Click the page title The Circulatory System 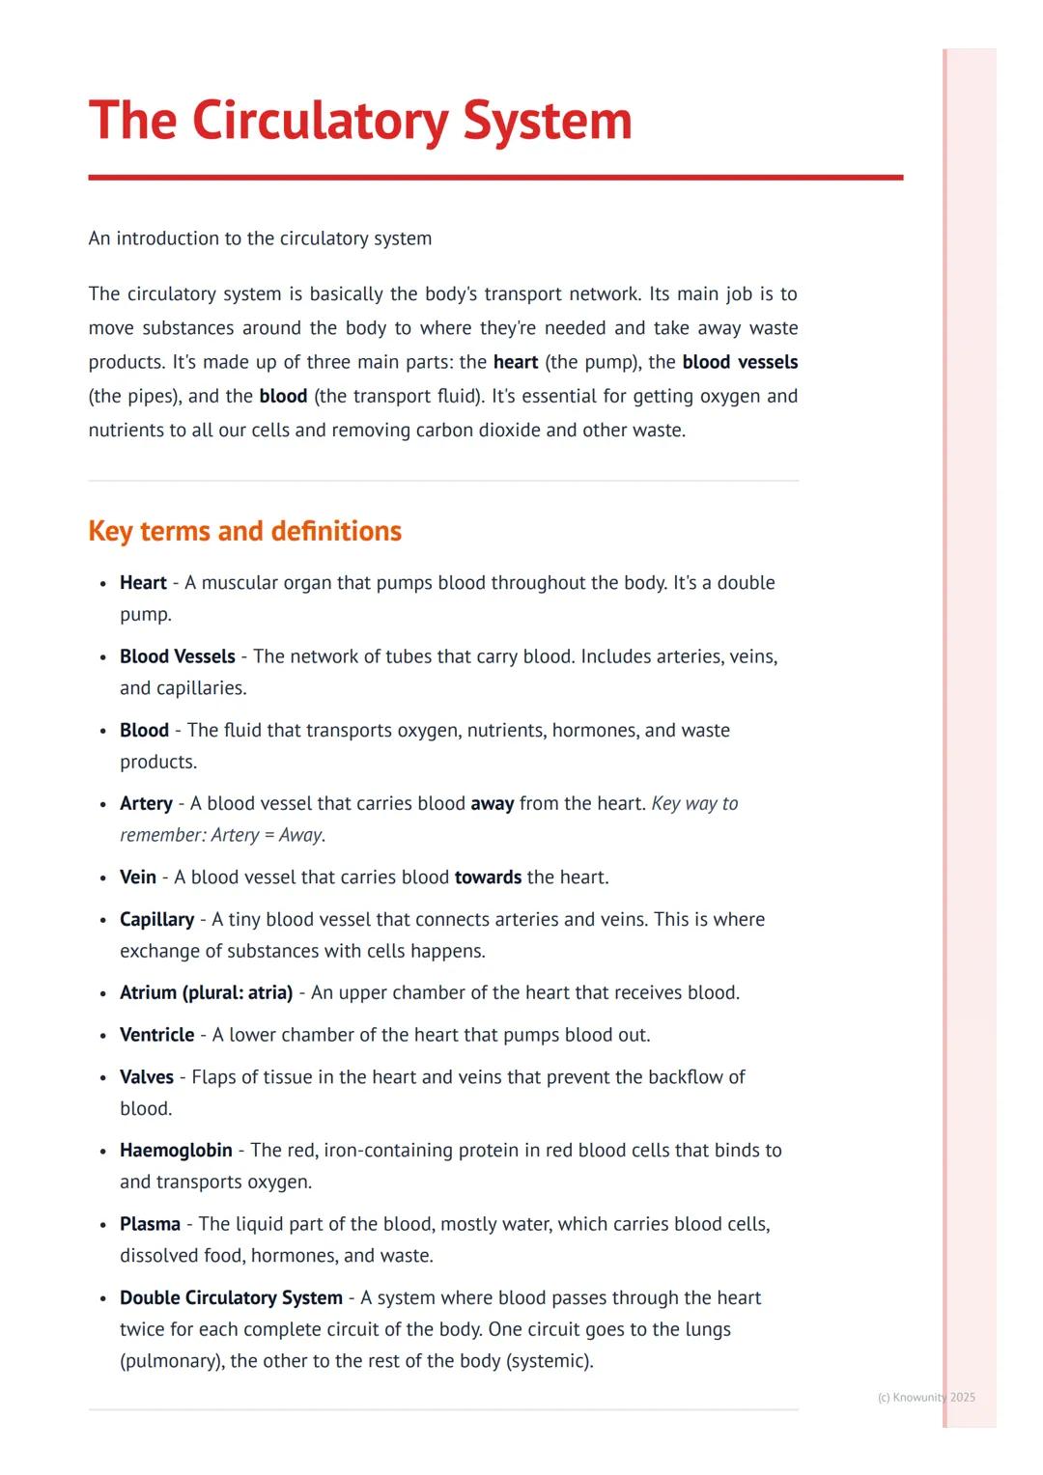[360, 122]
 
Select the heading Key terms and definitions [244, 531]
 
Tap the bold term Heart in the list [143, 583]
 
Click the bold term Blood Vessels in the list [178, 656]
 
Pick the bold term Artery [146, 803]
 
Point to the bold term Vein [138, 877]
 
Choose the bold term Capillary [156, 919]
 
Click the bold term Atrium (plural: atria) [206, 992]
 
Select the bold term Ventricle [156, 1035]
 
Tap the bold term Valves [147, 1076]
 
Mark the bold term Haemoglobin [176, 1150]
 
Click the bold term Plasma [150, 1224]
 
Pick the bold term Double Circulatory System [231, 1297]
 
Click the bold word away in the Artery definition [492, 803]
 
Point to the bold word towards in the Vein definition [488, 877]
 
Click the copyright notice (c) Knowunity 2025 [926, 1397]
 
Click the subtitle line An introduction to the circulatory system [260, 238]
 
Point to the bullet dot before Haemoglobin [103, 1152]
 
